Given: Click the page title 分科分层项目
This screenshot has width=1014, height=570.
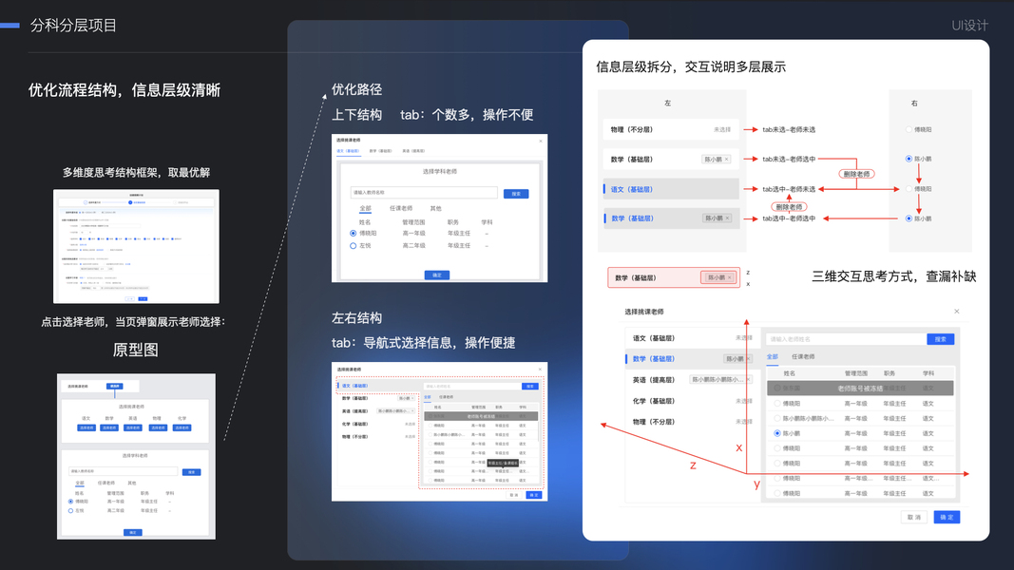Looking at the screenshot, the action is point(73,26).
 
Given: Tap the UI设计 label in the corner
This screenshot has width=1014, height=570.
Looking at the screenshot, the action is point(969,26).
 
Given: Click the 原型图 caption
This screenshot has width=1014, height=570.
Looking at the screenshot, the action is point(135,350).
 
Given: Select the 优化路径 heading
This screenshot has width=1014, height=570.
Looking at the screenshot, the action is point(356,89).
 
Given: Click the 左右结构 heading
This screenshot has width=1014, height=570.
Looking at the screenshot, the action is point(356,317).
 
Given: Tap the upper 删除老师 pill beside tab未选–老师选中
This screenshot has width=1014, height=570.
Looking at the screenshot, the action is point(857,174).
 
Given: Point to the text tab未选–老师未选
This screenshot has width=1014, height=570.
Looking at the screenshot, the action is point(789,129).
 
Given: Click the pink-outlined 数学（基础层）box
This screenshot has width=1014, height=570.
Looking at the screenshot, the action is point(673,277).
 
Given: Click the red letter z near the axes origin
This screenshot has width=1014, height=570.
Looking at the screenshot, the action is point(693,465).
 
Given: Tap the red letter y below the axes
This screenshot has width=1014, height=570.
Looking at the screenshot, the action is point(757,484).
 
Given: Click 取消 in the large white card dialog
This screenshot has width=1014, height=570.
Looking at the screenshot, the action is point(913,517).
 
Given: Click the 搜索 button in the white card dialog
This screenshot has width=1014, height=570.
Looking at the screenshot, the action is point(940,338).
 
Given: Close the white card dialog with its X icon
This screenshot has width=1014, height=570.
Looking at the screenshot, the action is point(956,312).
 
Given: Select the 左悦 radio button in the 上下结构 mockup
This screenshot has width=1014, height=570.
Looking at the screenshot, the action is point(354,246).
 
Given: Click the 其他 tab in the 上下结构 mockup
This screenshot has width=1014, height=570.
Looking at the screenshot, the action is point(435,208).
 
